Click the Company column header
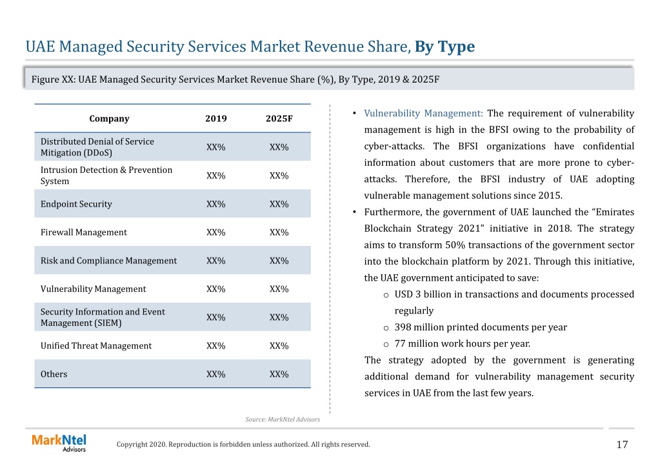pyautogui.click(x=109, y=119)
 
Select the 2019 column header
pyautogui.click(x=216, y=119)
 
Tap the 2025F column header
pyautogui.click(x=279, y=119)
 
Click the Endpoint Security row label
pyautogui.click(x=76, y=204)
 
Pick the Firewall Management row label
pyautogui.click(x=83, y=232)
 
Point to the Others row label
pyautogui.click(x=54, y=374)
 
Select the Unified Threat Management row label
pyautogui.click(x=96, y=346)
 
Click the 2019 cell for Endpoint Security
pyautogui.click(x=216, y=204)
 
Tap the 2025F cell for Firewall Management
pyautogui.click(x=279, y=232)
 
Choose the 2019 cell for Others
pyautogui.click(x=216, y=374)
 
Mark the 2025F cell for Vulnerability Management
pyautogui.click(x=279, y=289)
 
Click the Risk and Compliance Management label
pyautogui.click(x=108, y=261)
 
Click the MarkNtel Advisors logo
pyautogui.click(x=59, y=443)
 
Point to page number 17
pyautogui.click(x=622, y=444)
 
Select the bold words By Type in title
pyautogui.click(x=445, y=46)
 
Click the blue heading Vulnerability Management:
pyautogui.click(x=423, y=114)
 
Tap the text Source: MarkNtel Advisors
pyautogui.click(x=283, y=420)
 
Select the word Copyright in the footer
pyautogui.click(x=132, y=444)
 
